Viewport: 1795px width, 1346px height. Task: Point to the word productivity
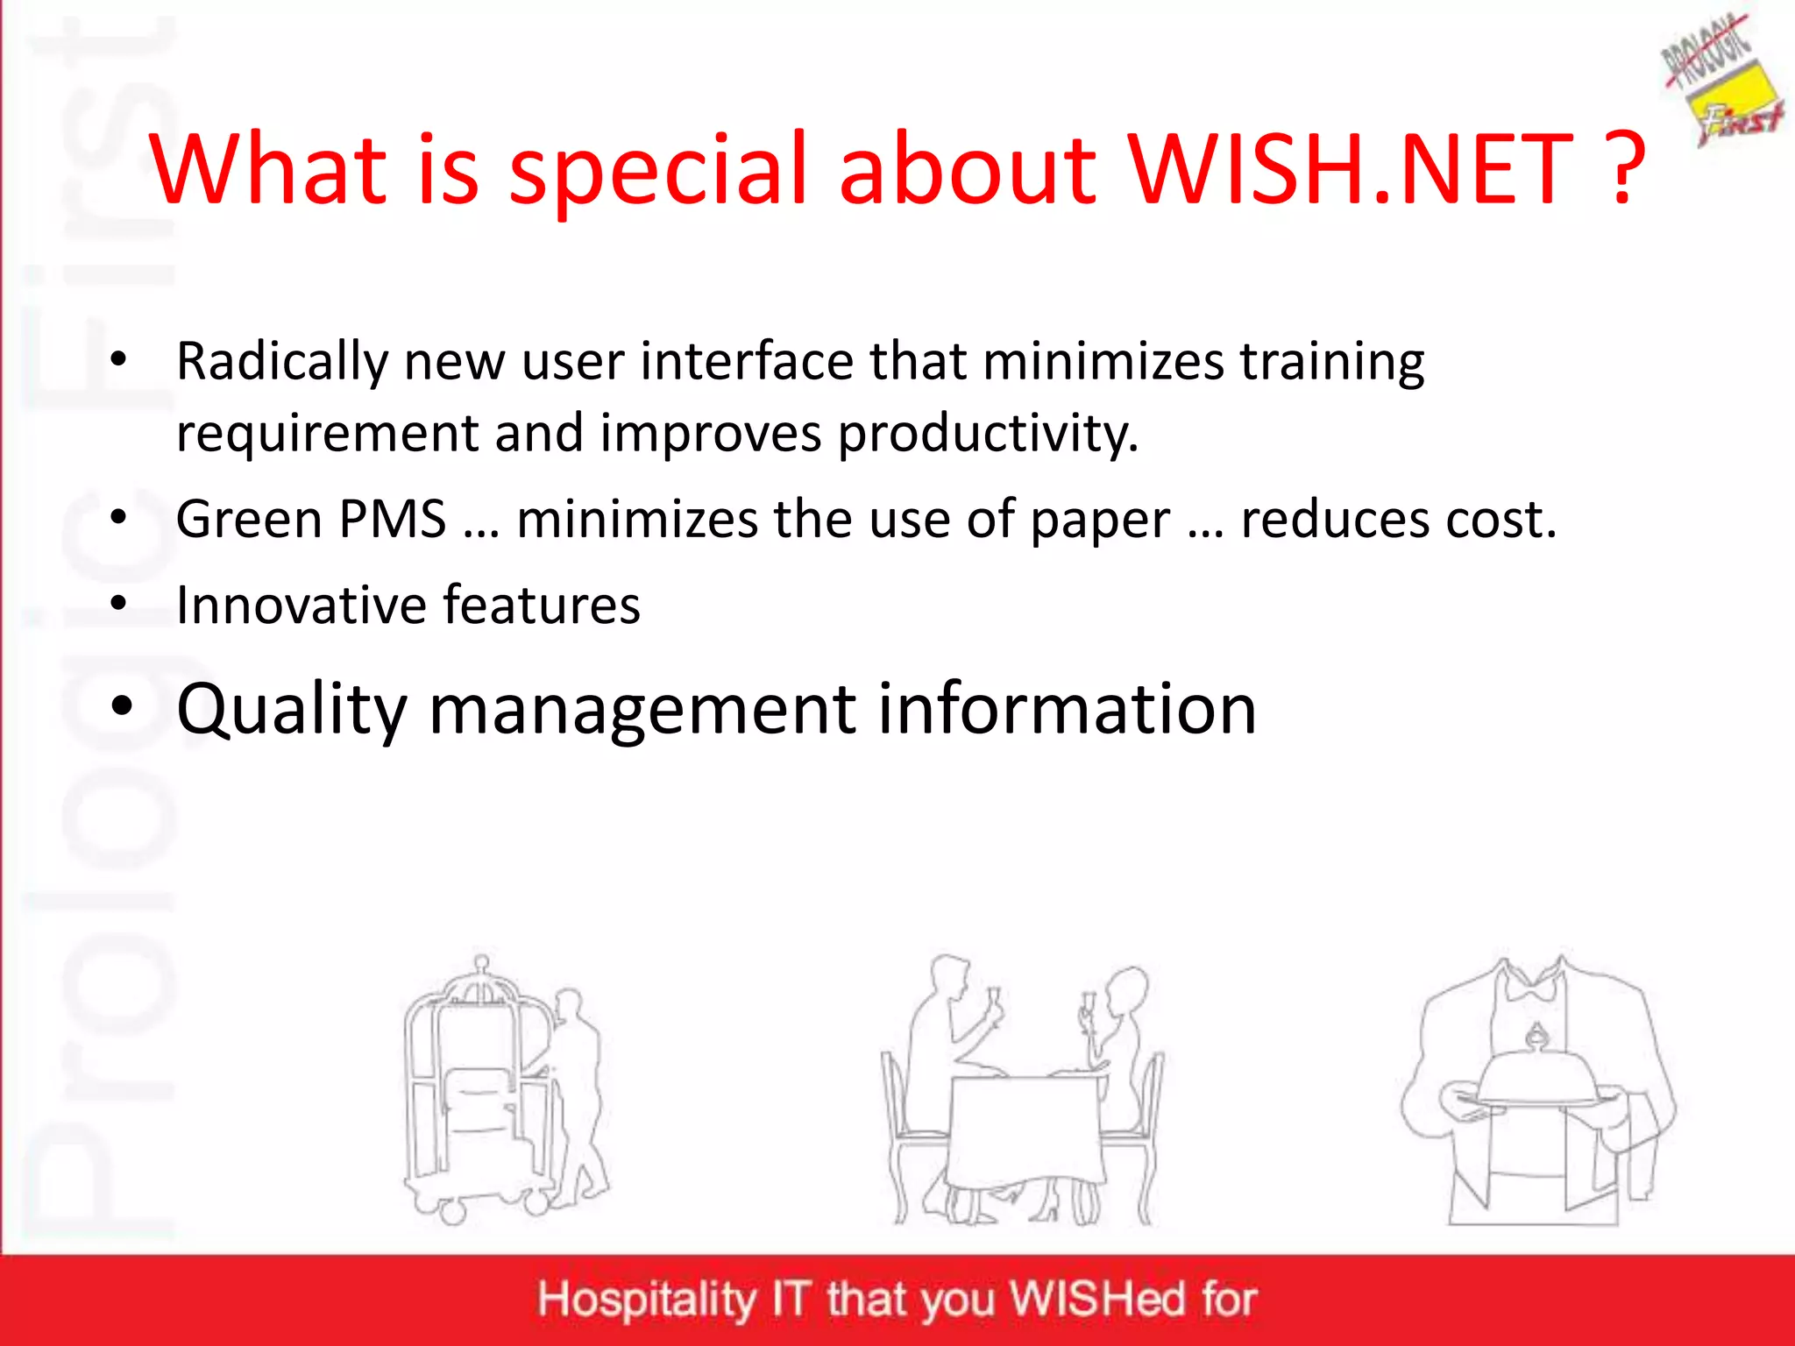point(988,434)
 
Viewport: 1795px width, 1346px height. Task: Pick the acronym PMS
point(393,519)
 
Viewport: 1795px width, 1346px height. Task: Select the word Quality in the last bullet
point(292,710)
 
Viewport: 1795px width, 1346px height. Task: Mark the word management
point(642,710)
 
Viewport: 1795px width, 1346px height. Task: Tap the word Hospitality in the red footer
point(647,1300)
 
